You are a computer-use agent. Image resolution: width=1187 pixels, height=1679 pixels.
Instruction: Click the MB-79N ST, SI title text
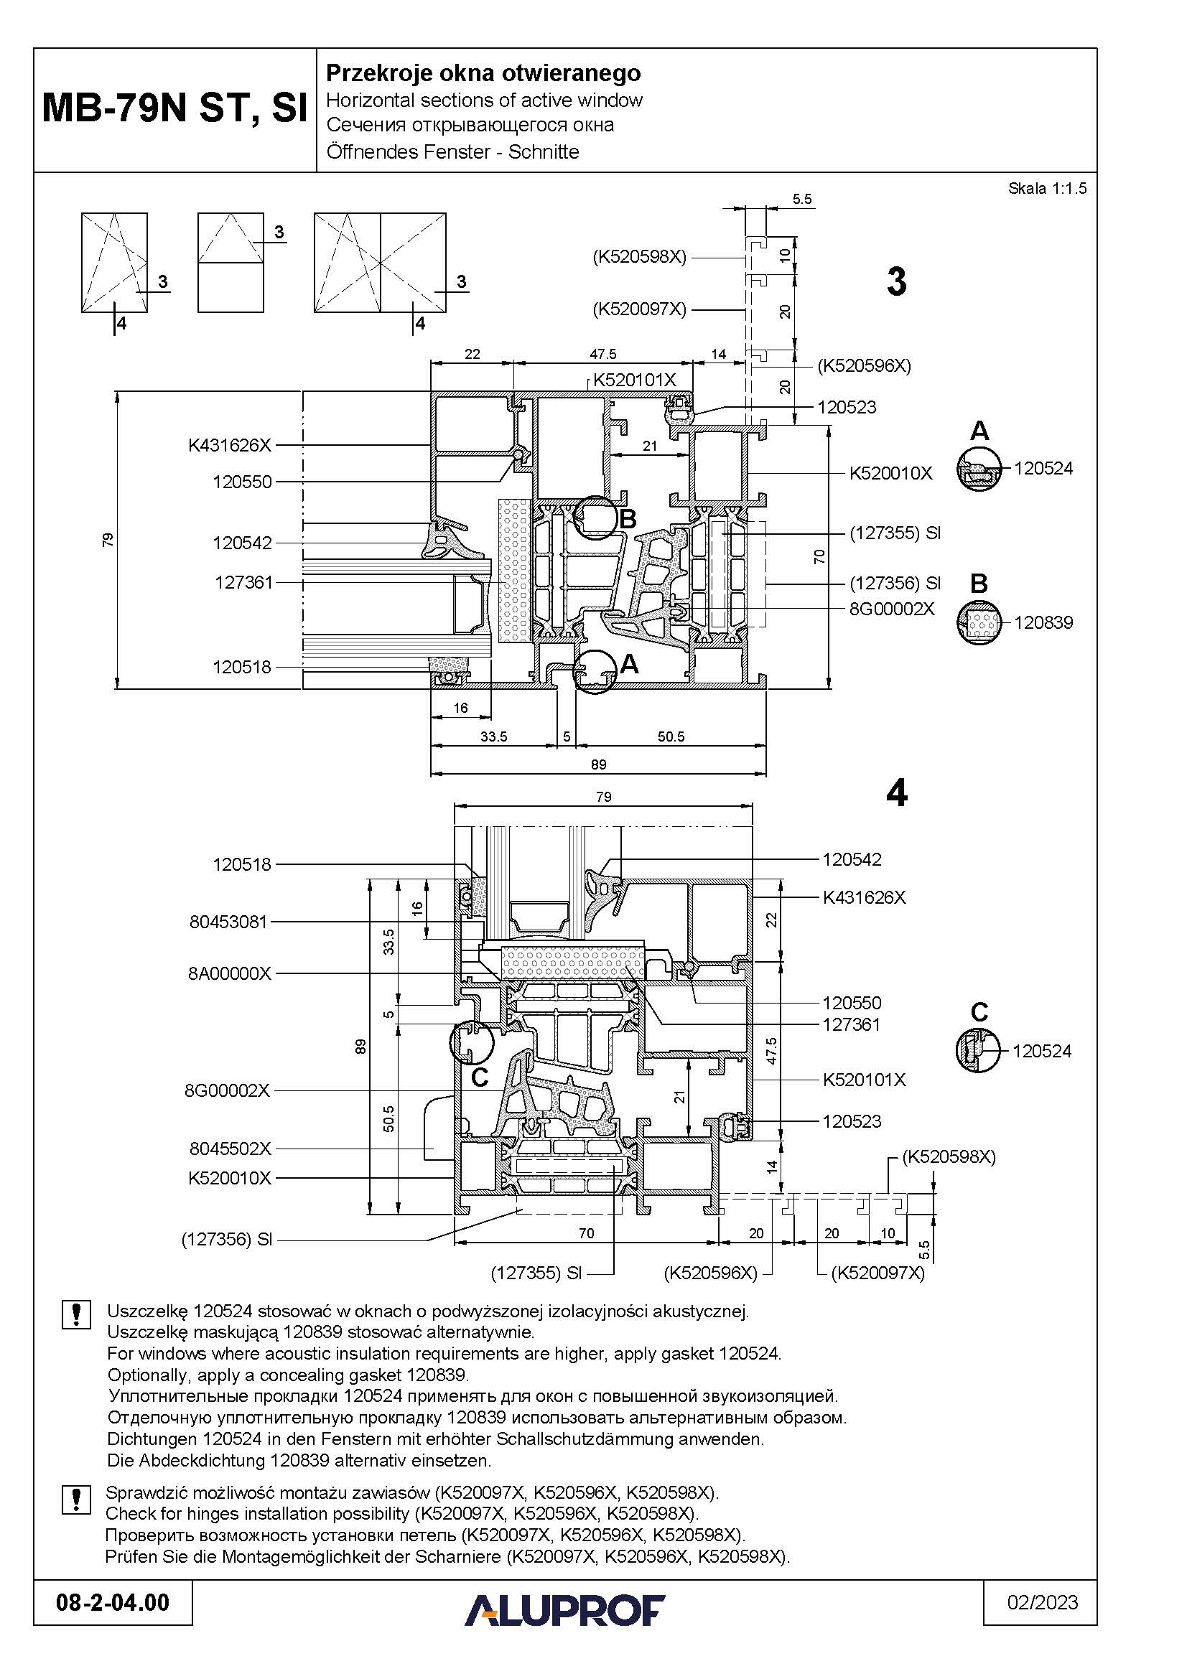174,108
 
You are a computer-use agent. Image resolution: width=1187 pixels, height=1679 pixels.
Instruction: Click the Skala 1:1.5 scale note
1046,189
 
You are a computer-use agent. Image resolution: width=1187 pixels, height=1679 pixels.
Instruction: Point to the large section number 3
896,281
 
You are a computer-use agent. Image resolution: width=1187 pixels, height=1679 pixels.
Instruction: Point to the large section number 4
896,792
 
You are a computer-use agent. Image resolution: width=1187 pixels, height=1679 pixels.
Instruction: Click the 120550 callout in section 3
242,482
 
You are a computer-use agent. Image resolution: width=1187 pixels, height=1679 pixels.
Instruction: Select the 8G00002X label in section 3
892,609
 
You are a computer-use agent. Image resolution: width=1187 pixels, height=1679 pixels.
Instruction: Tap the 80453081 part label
228,922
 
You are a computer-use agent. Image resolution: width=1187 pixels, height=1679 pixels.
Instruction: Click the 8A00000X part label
230,973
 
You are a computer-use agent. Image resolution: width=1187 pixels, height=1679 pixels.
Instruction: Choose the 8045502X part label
230,1149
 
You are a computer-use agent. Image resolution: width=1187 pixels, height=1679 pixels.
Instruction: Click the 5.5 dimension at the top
801,199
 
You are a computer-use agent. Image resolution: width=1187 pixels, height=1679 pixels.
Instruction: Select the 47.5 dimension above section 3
602,354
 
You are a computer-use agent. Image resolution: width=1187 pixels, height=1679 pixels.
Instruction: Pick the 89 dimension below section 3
598,765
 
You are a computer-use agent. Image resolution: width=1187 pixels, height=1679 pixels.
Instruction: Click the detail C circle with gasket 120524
978,1051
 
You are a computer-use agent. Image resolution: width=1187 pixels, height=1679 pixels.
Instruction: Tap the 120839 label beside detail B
1043,622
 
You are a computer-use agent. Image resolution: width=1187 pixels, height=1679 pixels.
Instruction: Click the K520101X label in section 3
634,380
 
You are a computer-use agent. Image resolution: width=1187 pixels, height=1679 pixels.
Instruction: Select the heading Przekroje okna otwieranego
483,73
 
